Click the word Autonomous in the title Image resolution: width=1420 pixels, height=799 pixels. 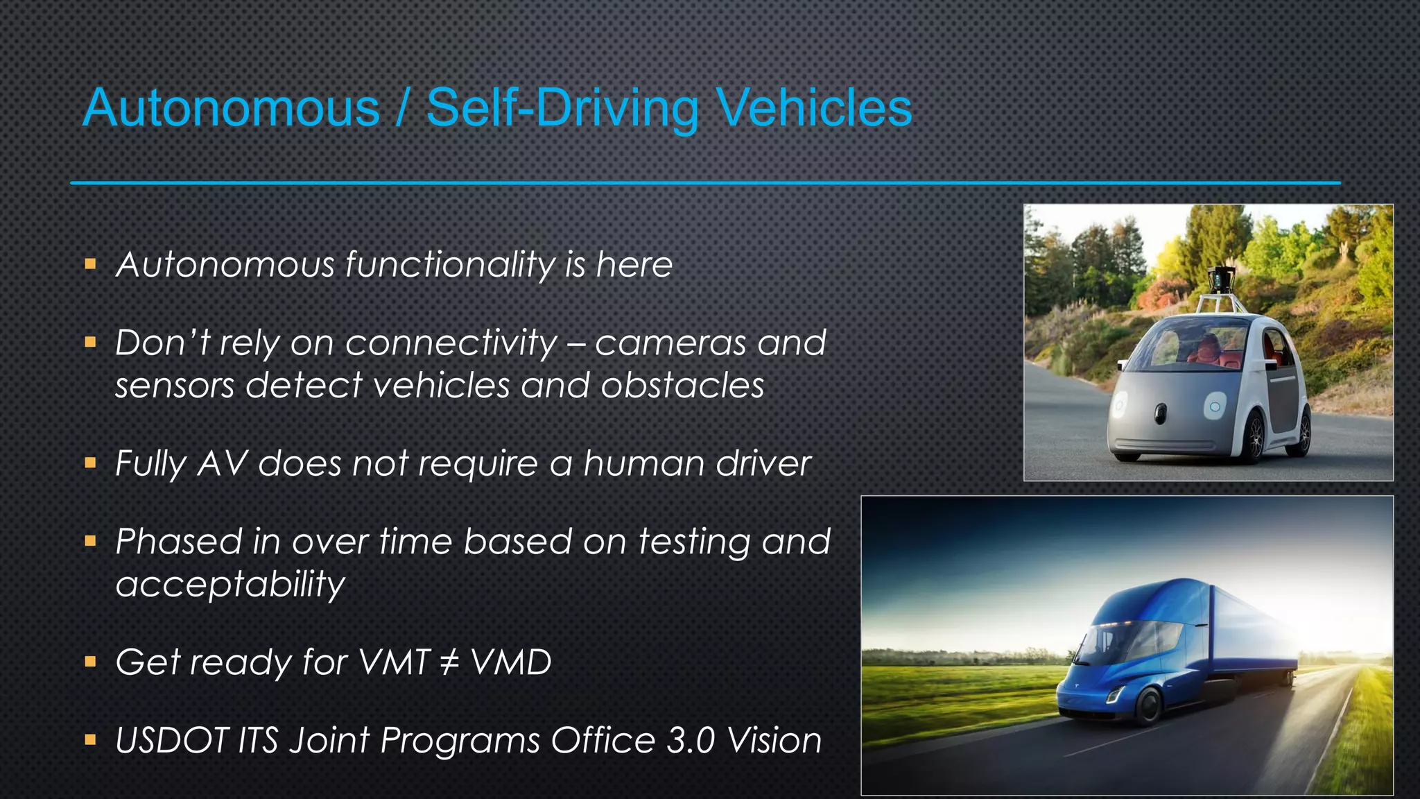point(232,108)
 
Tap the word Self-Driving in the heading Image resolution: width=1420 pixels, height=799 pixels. point(562,108)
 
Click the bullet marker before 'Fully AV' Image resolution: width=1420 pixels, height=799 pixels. point(90,463)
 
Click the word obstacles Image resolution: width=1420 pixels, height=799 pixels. point(682,386)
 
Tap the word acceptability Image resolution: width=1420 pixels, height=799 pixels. point(230,585)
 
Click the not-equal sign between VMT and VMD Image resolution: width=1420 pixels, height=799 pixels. point(450,662)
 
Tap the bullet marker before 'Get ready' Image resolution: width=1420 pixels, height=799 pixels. point(90,662)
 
